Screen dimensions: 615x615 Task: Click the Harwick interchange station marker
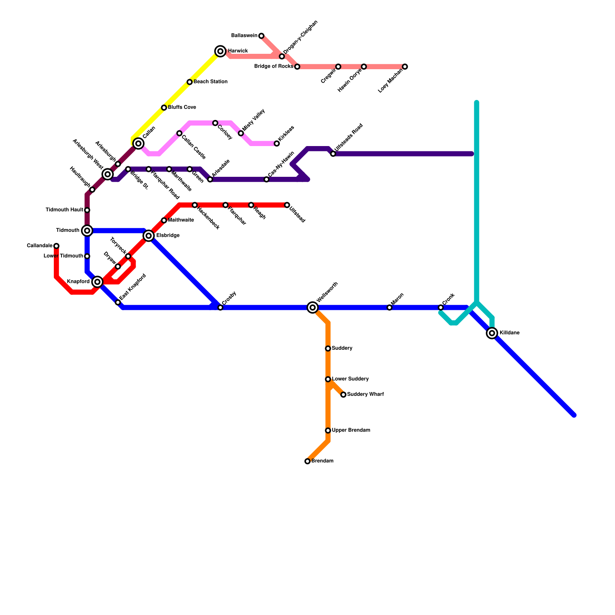click(220, 51)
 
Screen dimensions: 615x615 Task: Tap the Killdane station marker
click(492, 333)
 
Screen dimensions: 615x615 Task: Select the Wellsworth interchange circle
click(312, 307)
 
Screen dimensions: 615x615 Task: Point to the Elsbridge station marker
click(149, 236)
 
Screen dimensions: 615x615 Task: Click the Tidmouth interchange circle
click(87, 231)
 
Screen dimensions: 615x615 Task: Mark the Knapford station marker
click(98, 282)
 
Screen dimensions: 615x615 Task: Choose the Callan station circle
click(138, 143)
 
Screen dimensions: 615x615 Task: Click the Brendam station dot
click(307, 461)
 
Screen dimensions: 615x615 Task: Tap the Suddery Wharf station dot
click(343, 395)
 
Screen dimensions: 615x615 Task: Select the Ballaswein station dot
click(261, 36)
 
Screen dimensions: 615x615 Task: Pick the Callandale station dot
click(57, 246)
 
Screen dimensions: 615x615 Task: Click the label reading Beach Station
click(210, 82)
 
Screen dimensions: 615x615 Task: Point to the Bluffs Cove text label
click(182, 107)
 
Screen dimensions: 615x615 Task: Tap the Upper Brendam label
click(351, 430)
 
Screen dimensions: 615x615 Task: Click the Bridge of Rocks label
click(274, 66)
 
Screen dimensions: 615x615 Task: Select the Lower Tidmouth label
click(63, 256)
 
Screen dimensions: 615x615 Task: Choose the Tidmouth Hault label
click(65, 210)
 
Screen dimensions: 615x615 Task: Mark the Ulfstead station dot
click(287, 205)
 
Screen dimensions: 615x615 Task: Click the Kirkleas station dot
click(277, 143)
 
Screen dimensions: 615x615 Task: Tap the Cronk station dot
click(441, 307)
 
